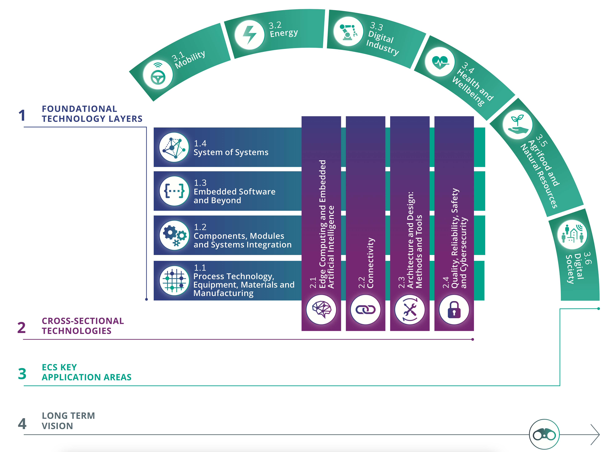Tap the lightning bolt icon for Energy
[249, 35]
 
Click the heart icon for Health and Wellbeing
[440, 62]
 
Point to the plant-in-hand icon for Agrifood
[517, 125]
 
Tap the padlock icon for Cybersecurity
[454, 310]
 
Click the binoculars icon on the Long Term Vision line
[544, 434]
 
